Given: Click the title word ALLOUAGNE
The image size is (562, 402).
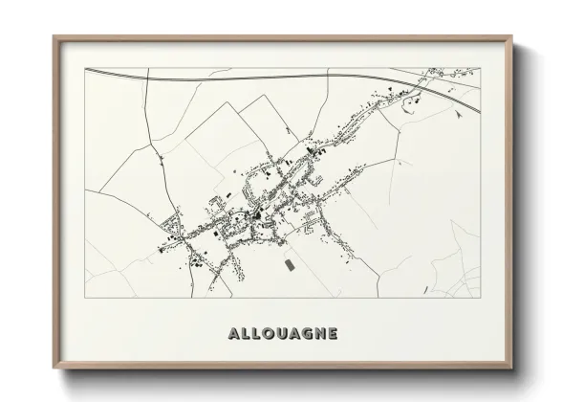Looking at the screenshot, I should (x=282, y=335).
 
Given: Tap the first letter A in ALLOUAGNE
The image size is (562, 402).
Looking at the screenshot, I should (x=234, y=335).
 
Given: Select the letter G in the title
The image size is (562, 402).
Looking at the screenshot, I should (x=305, y=335).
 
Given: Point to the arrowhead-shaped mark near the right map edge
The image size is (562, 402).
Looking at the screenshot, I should (x=462, y=113).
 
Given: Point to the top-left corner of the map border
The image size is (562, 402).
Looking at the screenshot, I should (x=85, y=68).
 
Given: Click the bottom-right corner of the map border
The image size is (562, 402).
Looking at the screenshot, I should (x=480, y=298).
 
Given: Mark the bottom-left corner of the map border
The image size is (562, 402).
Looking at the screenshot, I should (x=85, y=298).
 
